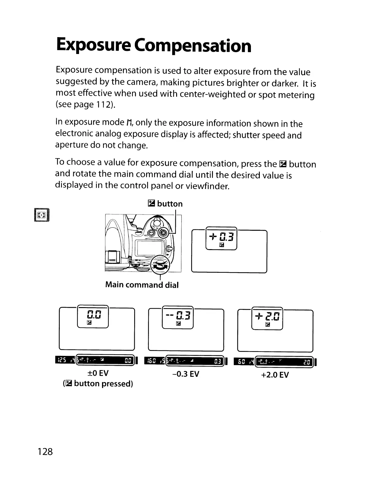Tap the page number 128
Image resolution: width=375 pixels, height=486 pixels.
click(45, 452)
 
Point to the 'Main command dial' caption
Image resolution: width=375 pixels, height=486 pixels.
click(142, 285)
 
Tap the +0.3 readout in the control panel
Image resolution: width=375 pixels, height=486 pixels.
click(222, 237)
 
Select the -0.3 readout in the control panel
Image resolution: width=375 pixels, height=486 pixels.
click(178, 315)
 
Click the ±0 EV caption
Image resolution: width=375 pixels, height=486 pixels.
click(98, 373)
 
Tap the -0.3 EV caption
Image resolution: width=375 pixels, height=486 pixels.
click(186, 374)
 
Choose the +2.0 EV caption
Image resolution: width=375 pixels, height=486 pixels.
click(275, 375)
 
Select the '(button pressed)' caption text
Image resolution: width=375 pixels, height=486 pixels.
click(98, 384)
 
